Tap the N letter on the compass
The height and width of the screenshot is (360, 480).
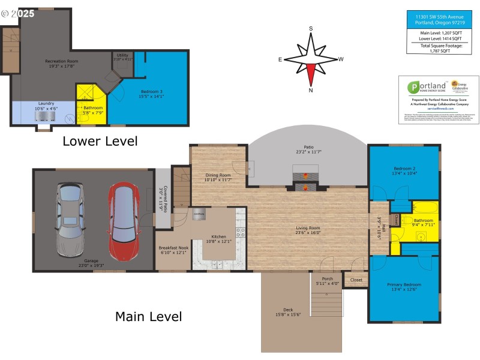coord(311,91)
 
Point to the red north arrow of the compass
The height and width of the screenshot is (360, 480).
coord(311,73)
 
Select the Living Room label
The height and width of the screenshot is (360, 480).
coord(307,228)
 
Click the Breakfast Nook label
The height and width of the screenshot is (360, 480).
coord(173,247)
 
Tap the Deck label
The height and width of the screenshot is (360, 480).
coord(288,310)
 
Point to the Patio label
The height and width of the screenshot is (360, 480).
coord(308,147)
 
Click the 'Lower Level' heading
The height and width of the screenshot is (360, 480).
coord(100,142)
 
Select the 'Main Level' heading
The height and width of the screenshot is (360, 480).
coord(148,316)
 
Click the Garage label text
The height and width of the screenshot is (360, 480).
coord(91,261)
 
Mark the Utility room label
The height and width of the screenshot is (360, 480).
coord(122,55)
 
